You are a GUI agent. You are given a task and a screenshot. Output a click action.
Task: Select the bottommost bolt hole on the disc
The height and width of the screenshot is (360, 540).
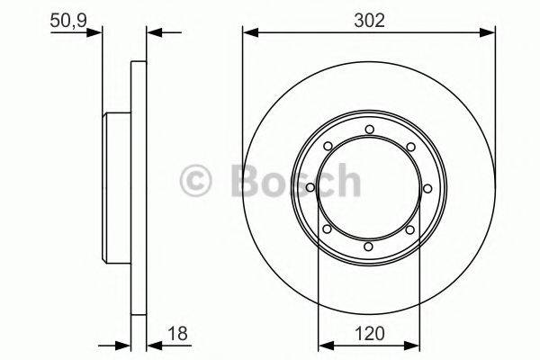368,246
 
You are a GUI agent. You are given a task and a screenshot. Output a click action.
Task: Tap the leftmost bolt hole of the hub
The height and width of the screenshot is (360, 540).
310,187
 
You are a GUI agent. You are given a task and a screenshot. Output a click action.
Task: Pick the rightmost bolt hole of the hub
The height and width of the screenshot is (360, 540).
427,187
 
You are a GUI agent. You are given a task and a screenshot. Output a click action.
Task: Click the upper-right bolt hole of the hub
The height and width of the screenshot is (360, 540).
409,146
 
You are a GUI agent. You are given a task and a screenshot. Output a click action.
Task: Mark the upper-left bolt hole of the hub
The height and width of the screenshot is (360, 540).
327,146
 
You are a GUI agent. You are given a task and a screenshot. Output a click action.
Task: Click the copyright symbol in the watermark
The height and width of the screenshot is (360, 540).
196,180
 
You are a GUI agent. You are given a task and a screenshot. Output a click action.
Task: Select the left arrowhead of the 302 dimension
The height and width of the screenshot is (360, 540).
248,34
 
